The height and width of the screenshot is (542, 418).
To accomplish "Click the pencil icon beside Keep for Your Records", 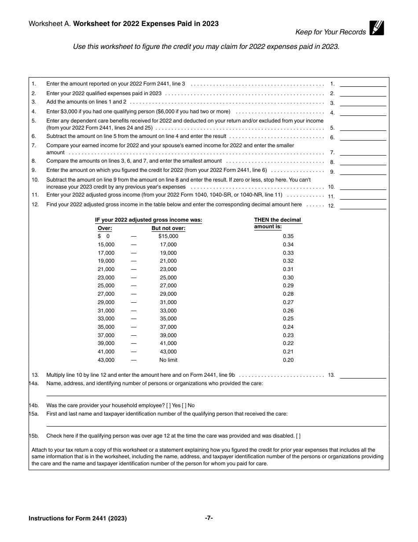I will [x=377, y=28].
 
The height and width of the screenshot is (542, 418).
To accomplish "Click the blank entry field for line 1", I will [x=363, y=83].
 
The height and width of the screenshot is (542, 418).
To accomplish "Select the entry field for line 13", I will [x=363, y=375].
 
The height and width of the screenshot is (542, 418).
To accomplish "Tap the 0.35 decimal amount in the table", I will [x=288, y=236].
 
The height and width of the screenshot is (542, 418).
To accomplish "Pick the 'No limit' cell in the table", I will [x=168, y=360].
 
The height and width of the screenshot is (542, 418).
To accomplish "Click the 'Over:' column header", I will [x=105, y=228].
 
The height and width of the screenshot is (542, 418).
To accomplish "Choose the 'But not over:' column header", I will [x=168, y=228].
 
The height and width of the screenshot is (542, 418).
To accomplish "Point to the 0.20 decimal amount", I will [x=288, y=360].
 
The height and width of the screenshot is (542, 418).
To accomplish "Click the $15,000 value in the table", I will [x=168, y=236].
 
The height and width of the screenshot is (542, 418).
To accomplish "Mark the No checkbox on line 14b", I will [x=184, y=405].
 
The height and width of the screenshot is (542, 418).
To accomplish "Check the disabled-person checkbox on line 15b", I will [x=298, y=436].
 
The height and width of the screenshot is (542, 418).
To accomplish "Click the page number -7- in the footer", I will [x=209, y=518].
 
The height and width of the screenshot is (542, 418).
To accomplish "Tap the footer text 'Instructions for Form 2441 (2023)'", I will [x=77, y=519].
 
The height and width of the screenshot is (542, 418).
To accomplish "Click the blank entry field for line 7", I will [x=363, y=152].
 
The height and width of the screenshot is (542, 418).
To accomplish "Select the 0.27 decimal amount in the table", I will [x=288, y=302].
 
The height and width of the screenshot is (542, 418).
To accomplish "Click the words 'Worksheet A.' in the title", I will [x=50, y=24].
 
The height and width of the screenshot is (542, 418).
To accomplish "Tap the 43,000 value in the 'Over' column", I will [x=106, y=360].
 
